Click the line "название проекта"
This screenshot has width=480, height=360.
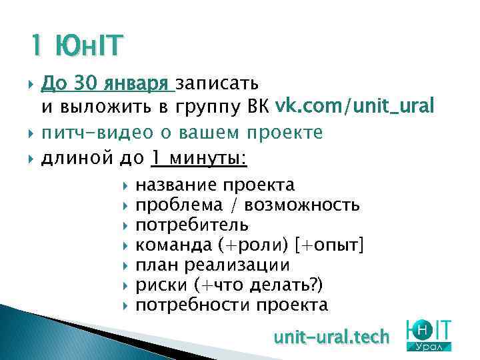click(215, 185)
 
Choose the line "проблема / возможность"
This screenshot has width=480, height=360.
click(247, 205)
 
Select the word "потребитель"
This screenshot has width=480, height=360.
click(193, 225)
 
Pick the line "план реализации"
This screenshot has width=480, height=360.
click(213, 265)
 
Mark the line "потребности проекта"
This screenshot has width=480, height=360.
click(232, 305)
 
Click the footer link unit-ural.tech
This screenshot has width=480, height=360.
click(331, 337)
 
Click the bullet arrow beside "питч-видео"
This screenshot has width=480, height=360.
click(31, 133)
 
